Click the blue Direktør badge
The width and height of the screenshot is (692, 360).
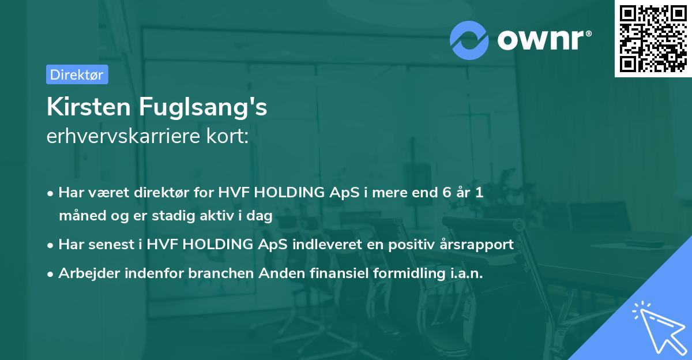(x=77, y=74)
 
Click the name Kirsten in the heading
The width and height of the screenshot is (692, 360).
(x=89, y=107)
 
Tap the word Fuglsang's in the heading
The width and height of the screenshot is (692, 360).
(x=203, y=108)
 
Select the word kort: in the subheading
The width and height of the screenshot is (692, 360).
(x=228, y=136)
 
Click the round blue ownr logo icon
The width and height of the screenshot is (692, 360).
(x=469, y=40)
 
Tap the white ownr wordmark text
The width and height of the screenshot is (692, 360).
(x=544, y=40)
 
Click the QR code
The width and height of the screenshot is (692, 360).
(x=653, y=39)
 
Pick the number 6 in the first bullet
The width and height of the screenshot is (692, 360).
(x=447, y=192)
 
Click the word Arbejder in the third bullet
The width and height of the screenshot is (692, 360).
(x=89, y=273)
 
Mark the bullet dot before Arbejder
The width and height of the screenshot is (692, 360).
(x=50, y=274)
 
